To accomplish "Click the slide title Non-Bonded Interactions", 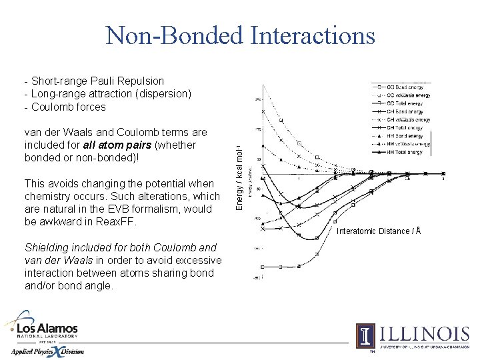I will [x=240, y=35].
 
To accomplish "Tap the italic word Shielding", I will [x=47, y=247].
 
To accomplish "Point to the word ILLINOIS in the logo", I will [x=423, y=333].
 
